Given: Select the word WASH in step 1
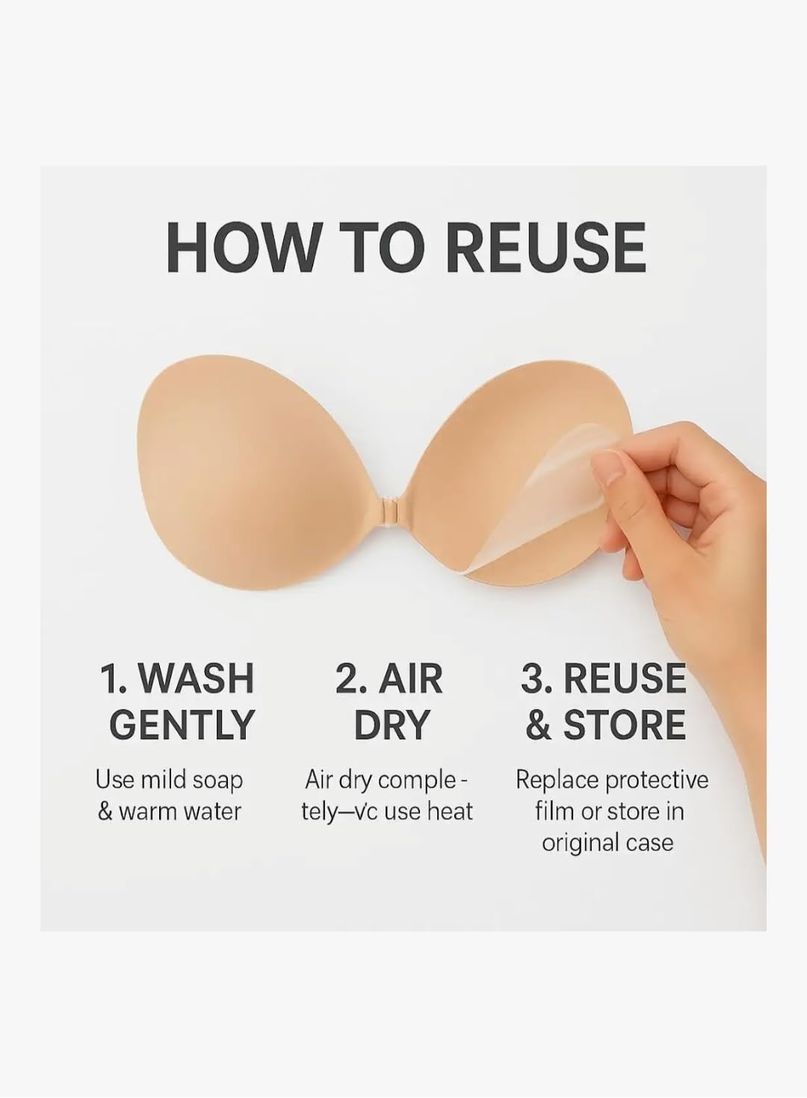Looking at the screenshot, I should pyautogui.click(x=197, y=678).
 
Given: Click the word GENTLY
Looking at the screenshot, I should pyautogui.click(x=182, y=724).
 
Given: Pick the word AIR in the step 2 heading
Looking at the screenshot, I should pyautogui.click(x=410, y=678).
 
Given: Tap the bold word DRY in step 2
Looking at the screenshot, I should pyautogui.click(x=392, y=724).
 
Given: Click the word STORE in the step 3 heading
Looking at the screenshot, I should pyautogui.click(x=623, y=724).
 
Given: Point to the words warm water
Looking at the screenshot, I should pyautogui.click(x=179, y=812).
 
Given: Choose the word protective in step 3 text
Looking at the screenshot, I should pyautogui.click(x=656, y=780).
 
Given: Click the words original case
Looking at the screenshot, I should pyautogui.click(x=607, y=843).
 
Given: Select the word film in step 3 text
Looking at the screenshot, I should pyautogui.click(x=554, y=812).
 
